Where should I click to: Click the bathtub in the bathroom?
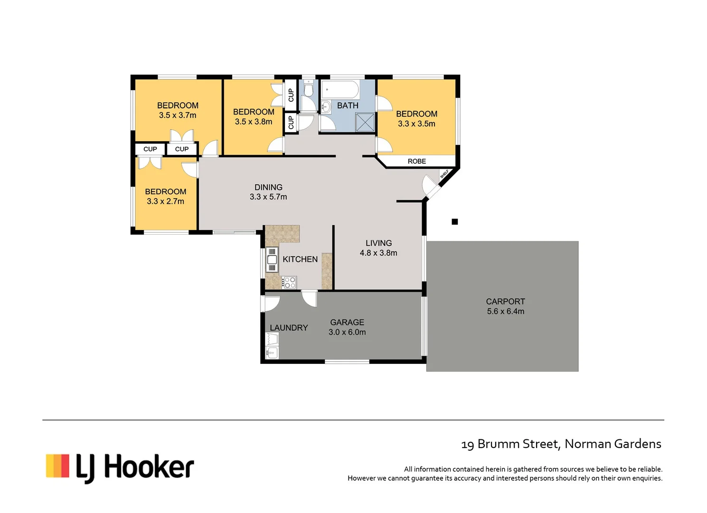click(x=340, y=89)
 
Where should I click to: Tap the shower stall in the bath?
click(x=365, y=122)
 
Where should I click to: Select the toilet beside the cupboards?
click(x=309, y=89)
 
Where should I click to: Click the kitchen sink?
click(x=272, y=260)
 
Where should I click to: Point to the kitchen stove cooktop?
click(x=289, y=283)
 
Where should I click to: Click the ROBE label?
click(x=416, y=161)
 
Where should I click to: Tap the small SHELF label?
click(x=444, y=174)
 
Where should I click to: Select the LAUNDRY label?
click(x=289, y=328)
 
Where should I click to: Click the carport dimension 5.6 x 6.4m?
click(x=505, y=312)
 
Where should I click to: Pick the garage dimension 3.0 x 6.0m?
click(x=347, y=332)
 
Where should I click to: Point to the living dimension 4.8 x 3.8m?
click(x=378, y=253)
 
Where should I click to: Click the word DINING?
click(x=268, y=187)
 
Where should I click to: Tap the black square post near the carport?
click(x=454, y=221)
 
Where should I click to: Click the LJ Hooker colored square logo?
click(x=57, y=465)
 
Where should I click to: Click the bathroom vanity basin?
click(x=326, y=107)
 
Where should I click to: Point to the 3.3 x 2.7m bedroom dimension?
click(x=165, y=201)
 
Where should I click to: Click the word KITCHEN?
click(x=300, y=259)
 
